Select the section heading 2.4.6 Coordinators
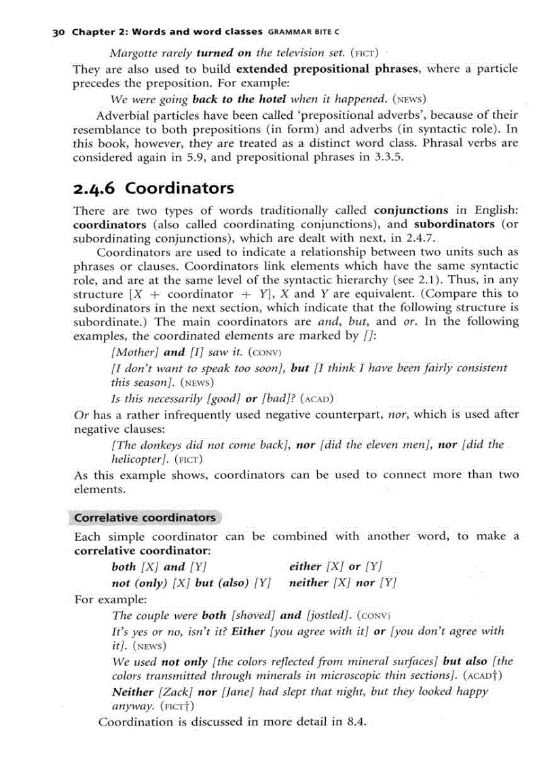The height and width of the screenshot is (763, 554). (x=153, y=188)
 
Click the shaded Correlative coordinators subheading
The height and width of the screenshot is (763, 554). (x=145, y=518)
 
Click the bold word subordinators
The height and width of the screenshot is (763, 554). (x=455, y=224)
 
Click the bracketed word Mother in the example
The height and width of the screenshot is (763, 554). (x=135, y=352)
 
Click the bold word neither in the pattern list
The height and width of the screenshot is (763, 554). (x=309, y=583)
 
